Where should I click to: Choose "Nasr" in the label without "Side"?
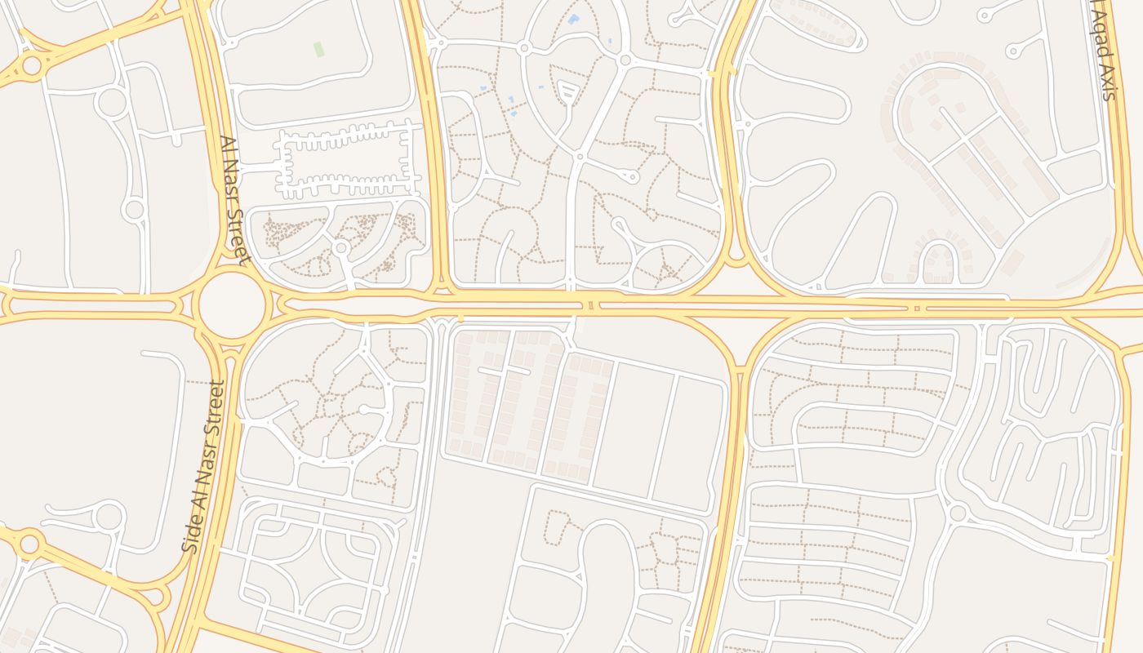230,182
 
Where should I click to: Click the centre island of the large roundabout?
230,305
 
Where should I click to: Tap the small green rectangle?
318,49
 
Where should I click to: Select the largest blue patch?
573,19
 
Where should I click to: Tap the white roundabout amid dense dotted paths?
341,247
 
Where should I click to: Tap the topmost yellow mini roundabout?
31,64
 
